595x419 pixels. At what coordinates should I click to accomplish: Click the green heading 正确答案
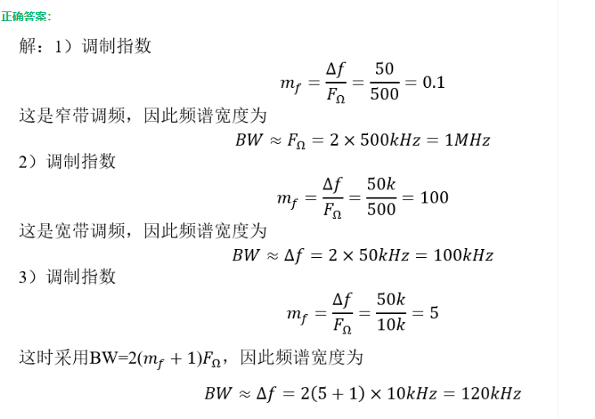27,16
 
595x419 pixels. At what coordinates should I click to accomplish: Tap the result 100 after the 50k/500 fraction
435,198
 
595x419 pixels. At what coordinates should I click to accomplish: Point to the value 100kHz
463,255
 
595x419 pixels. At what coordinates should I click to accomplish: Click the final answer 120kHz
491,394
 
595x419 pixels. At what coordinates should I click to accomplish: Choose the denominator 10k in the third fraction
392,325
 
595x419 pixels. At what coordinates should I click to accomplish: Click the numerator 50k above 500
381,185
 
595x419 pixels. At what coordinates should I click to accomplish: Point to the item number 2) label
28,161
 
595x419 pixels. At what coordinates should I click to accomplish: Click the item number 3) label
28,277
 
